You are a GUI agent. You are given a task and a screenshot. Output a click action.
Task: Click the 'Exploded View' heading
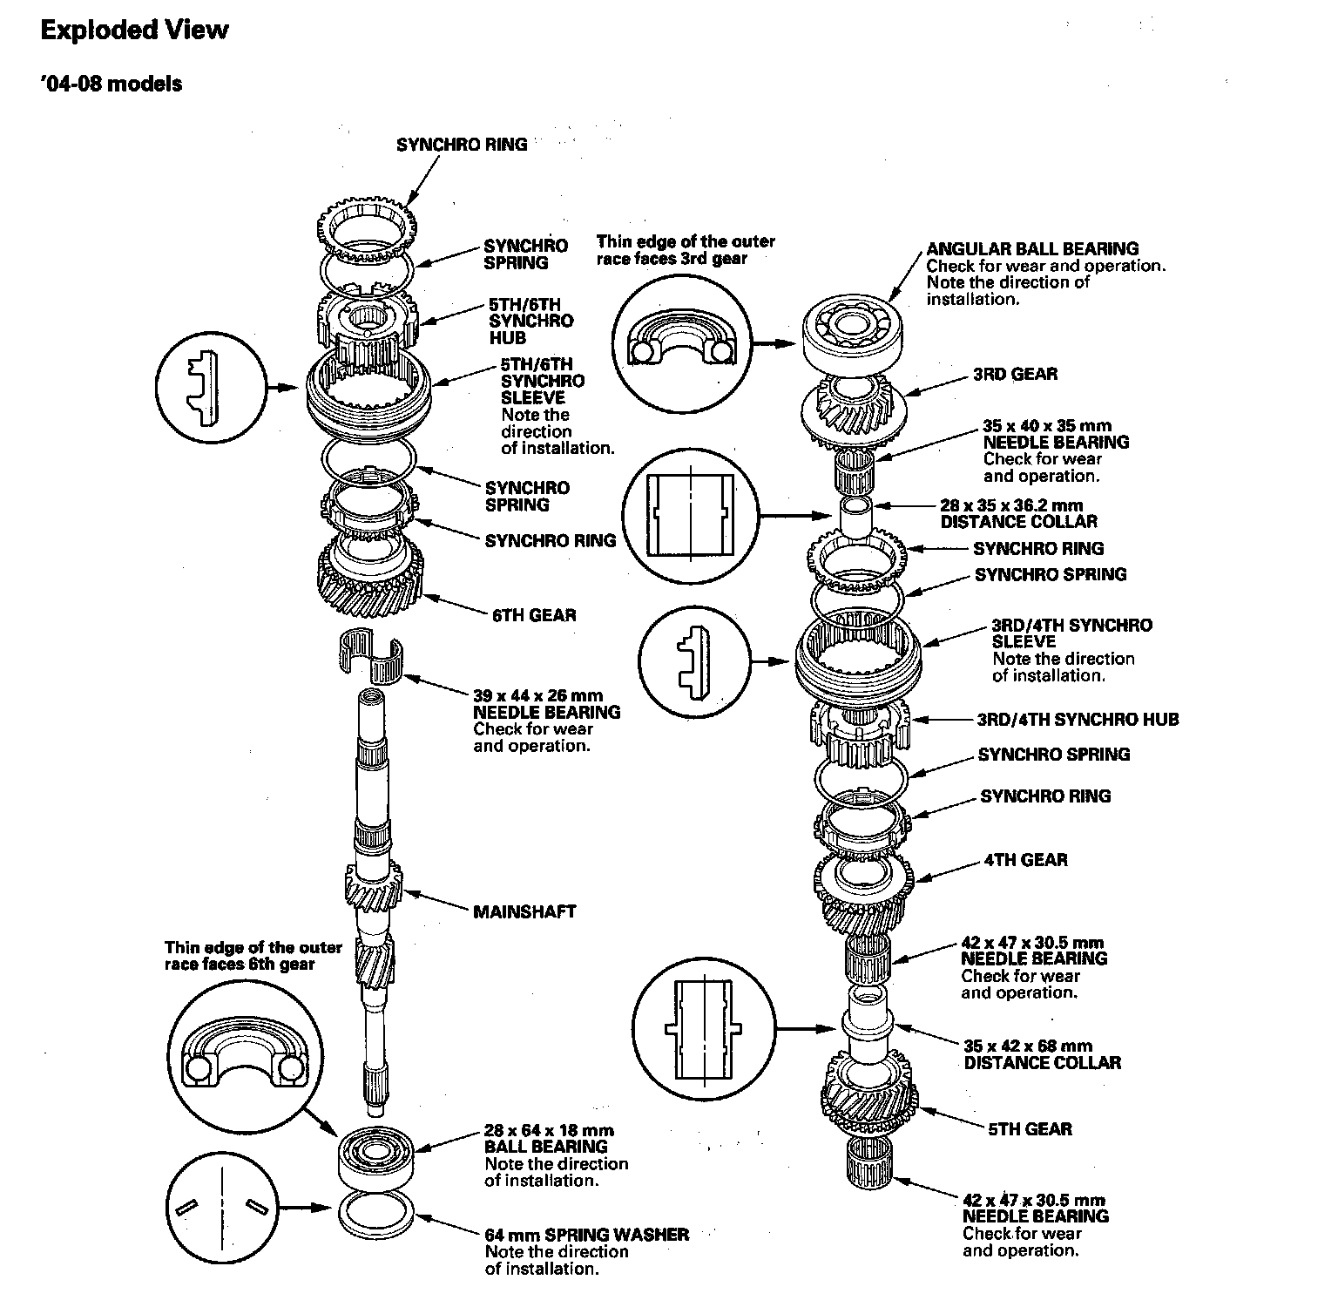coord(134,30)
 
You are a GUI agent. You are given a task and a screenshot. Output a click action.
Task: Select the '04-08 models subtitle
coord(111,84)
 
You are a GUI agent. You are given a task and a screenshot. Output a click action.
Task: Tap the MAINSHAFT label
coord(524,911)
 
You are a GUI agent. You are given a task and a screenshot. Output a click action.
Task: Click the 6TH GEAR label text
coord(534,615)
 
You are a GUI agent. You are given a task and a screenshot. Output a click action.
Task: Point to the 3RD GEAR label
coord(1015,374)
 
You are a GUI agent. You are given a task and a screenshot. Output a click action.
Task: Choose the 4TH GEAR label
coord(1025,860)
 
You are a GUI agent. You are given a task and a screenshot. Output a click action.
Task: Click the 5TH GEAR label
coord(1030,1129)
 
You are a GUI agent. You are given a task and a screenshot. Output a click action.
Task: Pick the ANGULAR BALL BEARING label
coord(1032,248)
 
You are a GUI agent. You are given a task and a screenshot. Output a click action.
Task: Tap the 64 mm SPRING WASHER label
coord(586,1235)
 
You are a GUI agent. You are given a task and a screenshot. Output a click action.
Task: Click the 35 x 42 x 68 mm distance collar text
coord(1042,1054)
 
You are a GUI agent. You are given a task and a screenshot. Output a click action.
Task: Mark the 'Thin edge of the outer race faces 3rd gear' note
coord(685,250)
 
